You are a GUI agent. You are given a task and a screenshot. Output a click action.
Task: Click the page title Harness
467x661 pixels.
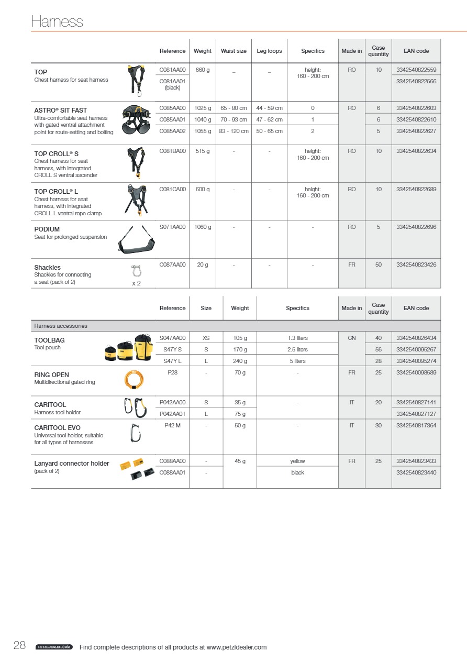57,21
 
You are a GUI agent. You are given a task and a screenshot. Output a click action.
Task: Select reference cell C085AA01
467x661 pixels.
172,119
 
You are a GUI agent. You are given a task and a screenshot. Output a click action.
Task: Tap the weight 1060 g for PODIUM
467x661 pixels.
203,227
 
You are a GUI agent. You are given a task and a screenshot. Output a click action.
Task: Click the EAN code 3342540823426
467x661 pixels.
416,265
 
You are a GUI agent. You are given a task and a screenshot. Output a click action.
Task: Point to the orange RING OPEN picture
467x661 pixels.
133,379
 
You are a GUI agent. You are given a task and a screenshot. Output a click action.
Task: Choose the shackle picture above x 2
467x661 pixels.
136,271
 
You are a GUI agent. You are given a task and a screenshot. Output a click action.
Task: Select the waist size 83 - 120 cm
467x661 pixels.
233,131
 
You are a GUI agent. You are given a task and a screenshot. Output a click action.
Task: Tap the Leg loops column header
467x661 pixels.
269,51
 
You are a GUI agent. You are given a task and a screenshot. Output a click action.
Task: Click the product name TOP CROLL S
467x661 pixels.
56,154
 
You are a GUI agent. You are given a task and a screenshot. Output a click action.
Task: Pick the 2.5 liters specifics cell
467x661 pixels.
297,349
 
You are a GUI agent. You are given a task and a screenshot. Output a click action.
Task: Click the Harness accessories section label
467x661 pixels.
61,326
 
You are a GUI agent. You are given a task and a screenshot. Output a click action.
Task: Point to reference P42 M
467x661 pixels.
172,425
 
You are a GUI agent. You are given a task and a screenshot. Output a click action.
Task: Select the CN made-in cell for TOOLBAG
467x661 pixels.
351,338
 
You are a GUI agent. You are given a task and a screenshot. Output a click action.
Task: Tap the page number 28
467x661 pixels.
20,646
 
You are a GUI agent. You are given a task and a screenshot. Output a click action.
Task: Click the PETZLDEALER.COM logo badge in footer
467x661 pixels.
54,647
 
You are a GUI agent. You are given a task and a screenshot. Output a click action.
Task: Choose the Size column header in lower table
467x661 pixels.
206,308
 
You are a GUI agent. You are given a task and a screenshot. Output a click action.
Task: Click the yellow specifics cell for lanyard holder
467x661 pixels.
297,461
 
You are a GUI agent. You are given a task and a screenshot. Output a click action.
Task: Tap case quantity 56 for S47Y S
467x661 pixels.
378,349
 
